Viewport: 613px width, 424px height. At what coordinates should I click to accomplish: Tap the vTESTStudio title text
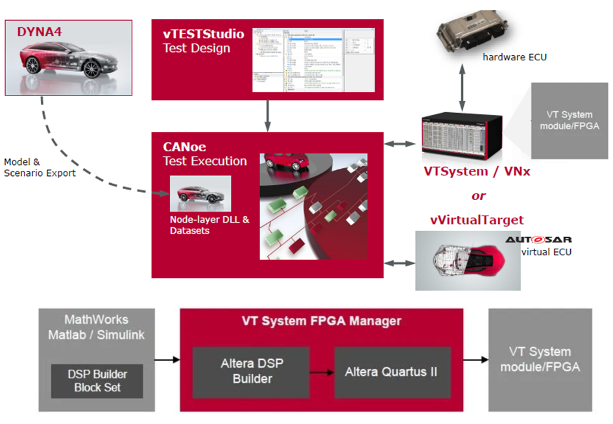click(203, 34)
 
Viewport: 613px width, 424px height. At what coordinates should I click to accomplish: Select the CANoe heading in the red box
click(184, 147)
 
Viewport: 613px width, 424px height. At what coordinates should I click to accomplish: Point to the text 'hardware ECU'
click(514, 57)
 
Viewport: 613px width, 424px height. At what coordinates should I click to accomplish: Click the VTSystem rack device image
click(463, 137)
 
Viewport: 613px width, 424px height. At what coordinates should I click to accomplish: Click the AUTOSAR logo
click(538, 240)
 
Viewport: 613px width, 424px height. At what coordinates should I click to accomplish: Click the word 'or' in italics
click(478, 195)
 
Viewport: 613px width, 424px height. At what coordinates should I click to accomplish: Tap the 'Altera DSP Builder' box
click(252, 371)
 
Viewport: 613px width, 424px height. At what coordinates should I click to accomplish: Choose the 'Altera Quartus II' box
click(391, 372)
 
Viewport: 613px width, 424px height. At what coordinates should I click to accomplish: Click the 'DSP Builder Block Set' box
click(97, 381)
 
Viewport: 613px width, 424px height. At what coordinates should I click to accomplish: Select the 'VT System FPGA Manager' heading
click(321, 321)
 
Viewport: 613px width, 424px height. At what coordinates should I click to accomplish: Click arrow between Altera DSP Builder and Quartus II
click(322, 372)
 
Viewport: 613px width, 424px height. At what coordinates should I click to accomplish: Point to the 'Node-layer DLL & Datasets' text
click(200, 225)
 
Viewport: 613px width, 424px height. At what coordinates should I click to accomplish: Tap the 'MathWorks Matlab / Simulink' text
click(96, 327)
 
